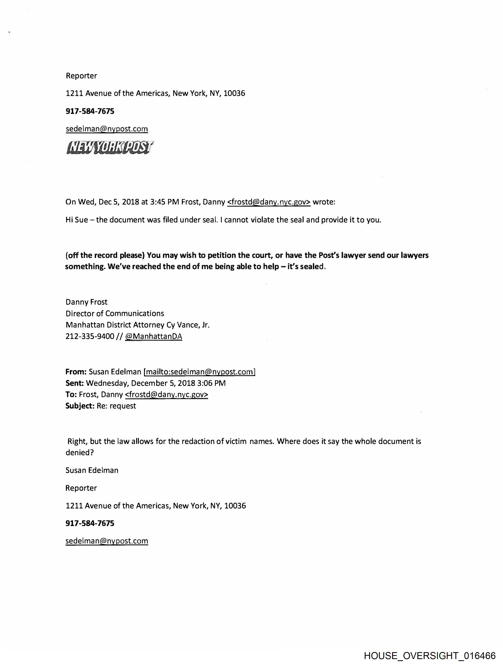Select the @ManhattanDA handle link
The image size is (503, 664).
153,336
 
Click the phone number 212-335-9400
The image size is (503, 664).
90,336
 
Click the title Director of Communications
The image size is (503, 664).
115,313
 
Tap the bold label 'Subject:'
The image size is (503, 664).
80,406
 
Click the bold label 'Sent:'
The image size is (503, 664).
75,383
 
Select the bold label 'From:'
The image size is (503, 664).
76,372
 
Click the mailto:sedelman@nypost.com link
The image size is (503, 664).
200,372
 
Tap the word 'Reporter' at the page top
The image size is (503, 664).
81,76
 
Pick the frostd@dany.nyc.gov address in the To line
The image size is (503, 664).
166,394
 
